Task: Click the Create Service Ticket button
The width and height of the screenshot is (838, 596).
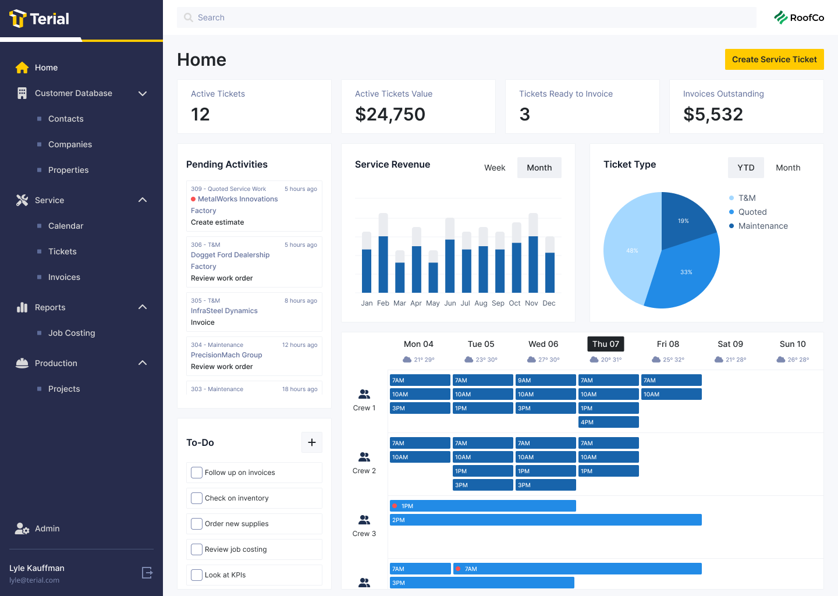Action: pyautogui.click(x=774, y=59)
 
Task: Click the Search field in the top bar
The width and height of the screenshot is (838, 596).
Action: pyautogui.click(x=466, y=17)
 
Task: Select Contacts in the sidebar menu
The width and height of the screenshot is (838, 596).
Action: pyautogui.click(x=66, y=119)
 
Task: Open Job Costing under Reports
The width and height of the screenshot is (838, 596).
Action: pyautogui.click(x=72, y=333)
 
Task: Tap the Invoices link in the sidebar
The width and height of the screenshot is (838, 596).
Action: pyautogui.click(x=64, y=277)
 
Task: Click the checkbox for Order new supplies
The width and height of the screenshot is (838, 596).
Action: pyautogui.click(x=197, y=524)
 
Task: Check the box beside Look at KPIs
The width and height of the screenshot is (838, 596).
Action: pyautogui.click(x=197, y=575)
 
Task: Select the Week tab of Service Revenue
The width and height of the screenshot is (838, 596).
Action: pyautogui.click(x=495, y=168)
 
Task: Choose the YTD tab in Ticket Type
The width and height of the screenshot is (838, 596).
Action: pyautogui.click(x=745, y=168)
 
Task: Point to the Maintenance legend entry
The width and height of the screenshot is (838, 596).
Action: pyautogui.click(x=762, y=226)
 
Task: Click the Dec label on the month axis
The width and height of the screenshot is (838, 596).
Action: pyautogui.click(x=549, y=303)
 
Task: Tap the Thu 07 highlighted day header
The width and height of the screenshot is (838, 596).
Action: pyautogui.click(x=606, y=344)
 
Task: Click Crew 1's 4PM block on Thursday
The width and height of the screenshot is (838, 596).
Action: pyautogui.click(x=608, y=422)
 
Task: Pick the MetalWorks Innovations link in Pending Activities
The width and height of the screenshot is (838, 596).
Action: pyautogui.click(x=237, y=199)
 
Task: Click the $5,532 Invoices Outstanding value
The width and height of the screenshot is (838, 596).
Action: pyautogui.click(x=713, y=114)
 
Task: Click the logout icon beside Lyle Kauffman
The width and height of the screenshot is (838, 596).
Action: pyautogui.click(x=148, y=573)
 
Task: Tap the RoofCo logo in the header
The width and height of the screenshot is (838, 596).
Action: pyautogui.click(x=799, y=17)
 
